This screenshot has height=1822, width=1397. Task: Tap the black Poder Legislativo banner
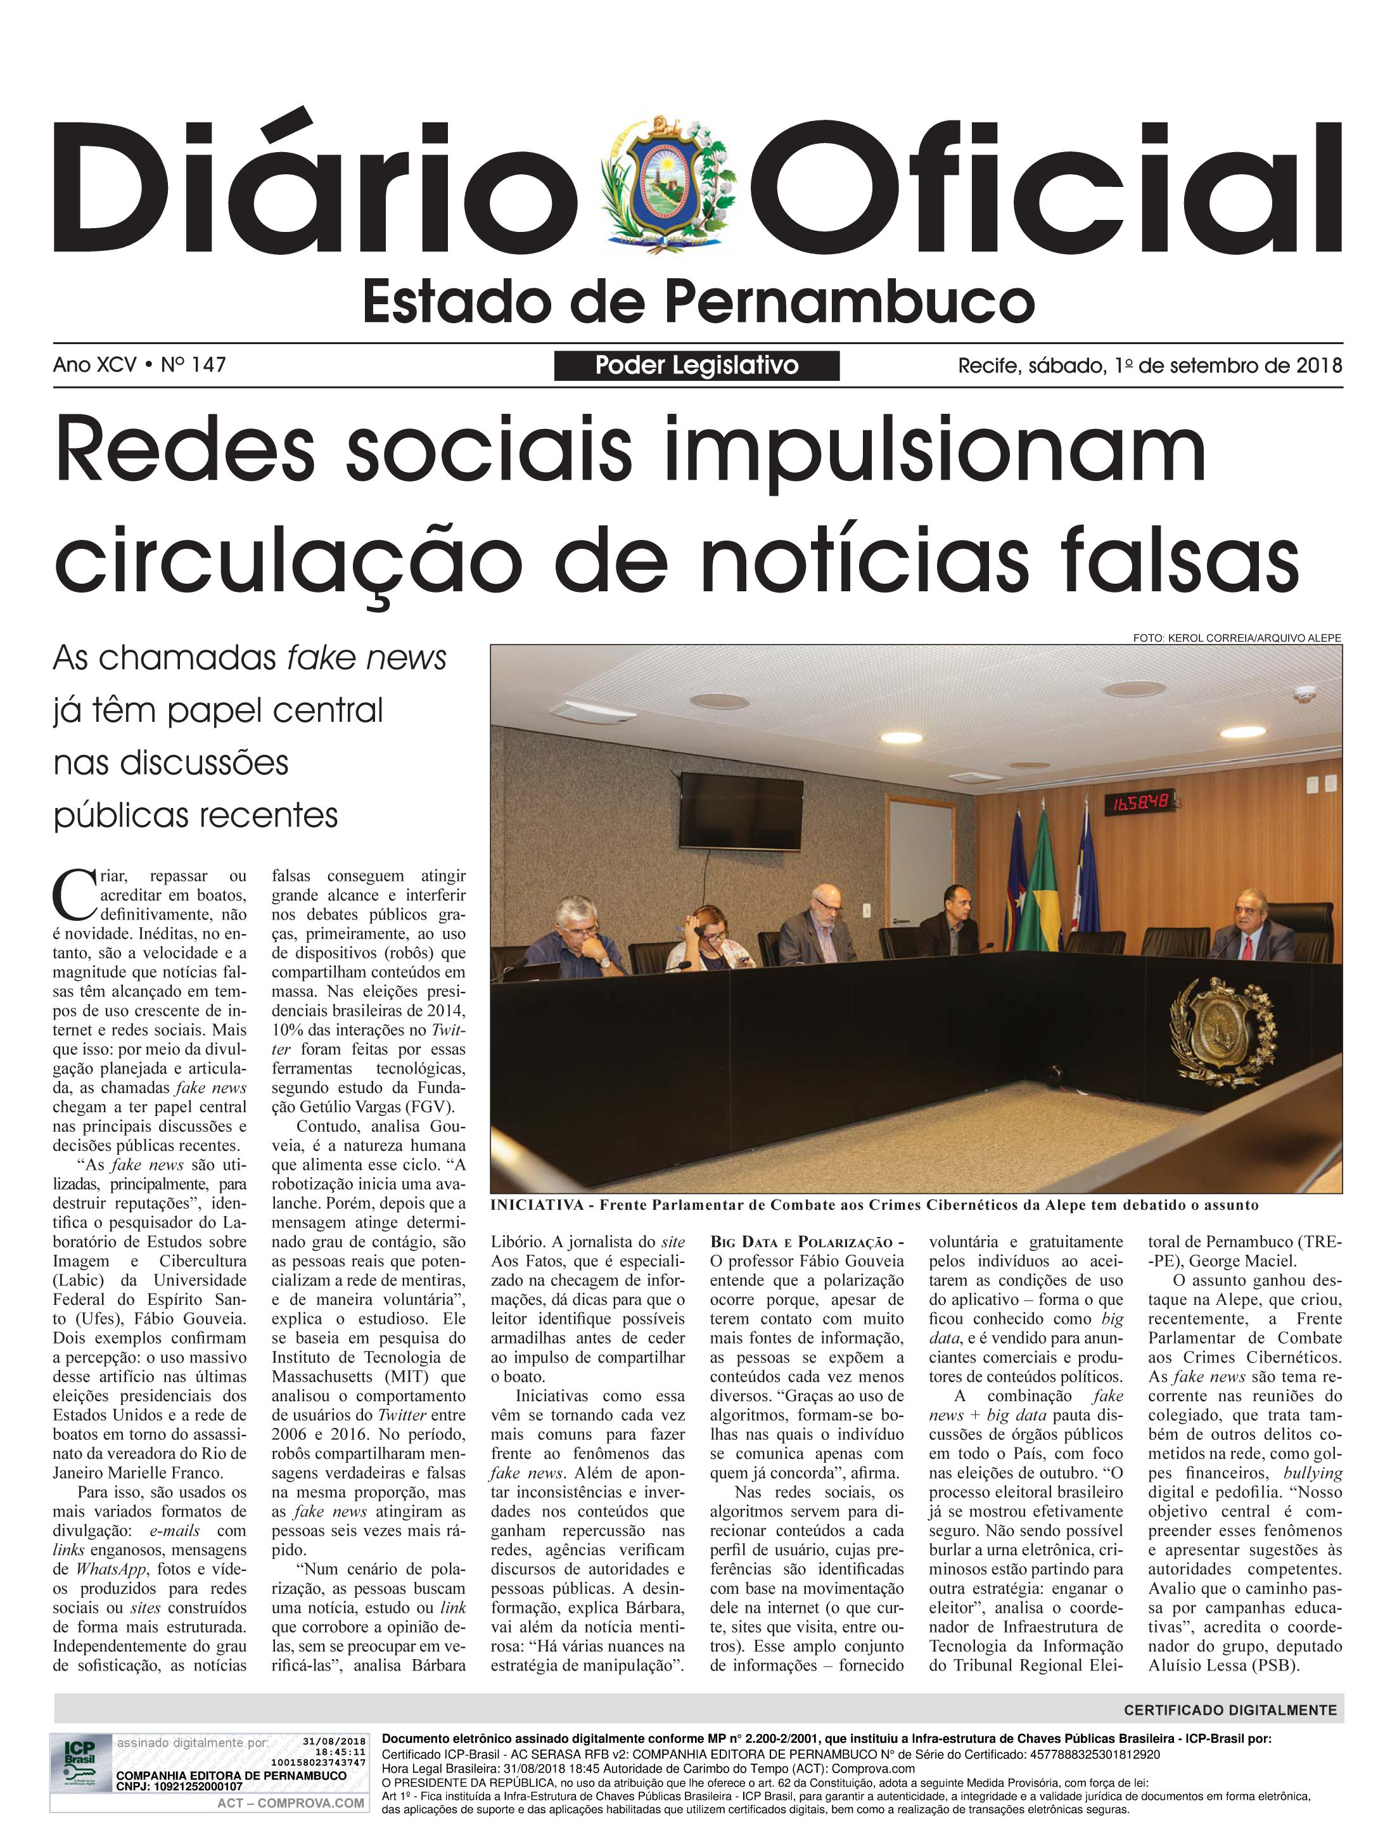click(697, 366)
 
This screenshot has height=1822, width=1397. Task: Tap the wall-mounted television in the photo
click(741, 806)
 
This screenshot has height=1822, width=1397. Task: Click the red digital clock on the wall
click(1136, 804)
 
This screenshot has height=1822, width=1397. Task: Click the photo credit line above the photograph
click(1237, 638)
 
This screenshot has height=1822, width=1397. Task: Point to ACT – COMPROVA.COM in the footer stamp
click(290, 1803)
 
